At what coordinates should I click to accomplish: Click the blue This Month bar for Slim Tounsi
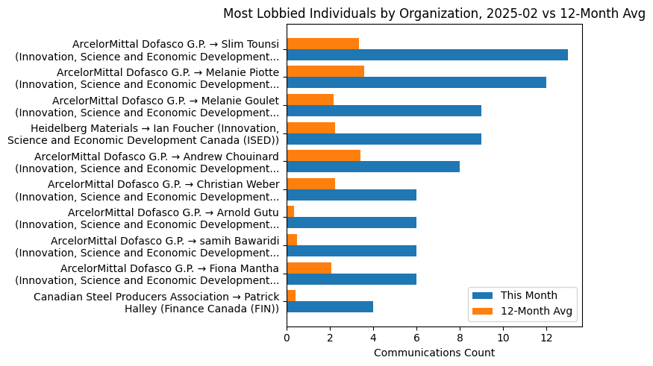[427, 54]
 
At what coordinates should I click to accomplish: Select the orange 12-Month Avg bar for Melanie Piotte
[325, 72]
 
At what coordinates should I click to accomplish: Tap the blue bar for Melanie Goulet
[384, 110]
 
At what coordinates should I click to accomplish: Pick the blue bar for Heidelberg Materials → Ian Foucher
[384, 139]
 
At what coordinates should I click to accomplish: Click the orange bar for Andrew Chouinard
[323, 156]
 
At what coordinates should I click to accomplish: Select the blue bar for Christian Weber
[352, 195]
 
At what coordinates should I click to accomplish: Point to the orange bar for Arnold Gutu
[290, 212]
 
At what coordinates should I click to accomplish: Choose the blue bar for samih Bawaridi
[352, 250]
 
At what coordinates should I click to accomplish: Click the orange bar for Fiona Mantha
[309, 268]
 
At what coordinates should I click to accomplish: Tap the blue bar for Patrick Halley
[330, 306]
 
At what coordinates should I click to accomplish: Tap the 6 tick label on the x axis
[416, 337]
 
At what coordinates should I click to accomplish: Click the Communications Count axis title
[434, 353]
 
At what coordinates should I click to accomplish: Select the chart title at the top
[434, 13]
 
